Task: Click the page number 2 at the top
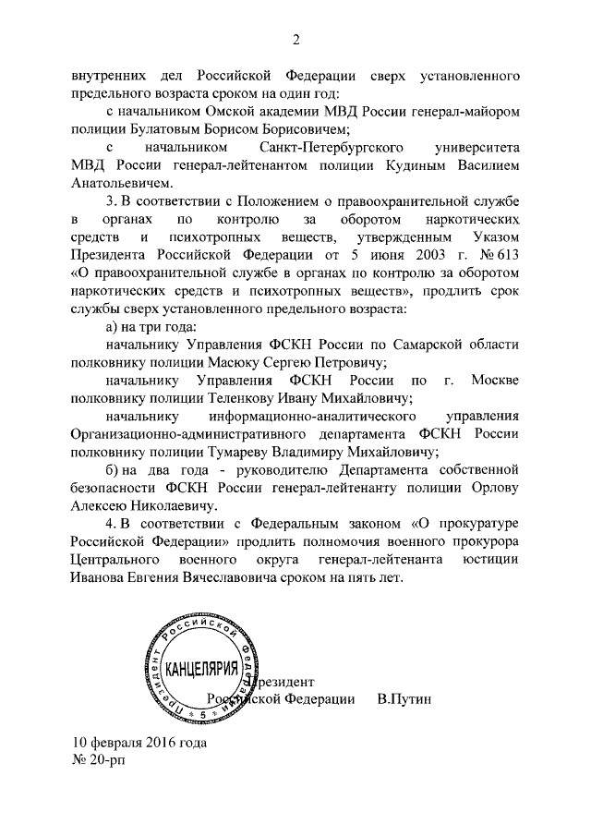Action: [296, 39]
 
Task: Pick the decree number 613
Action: [502, 255]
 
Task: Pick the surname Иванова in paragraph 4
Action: [98, 578]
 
